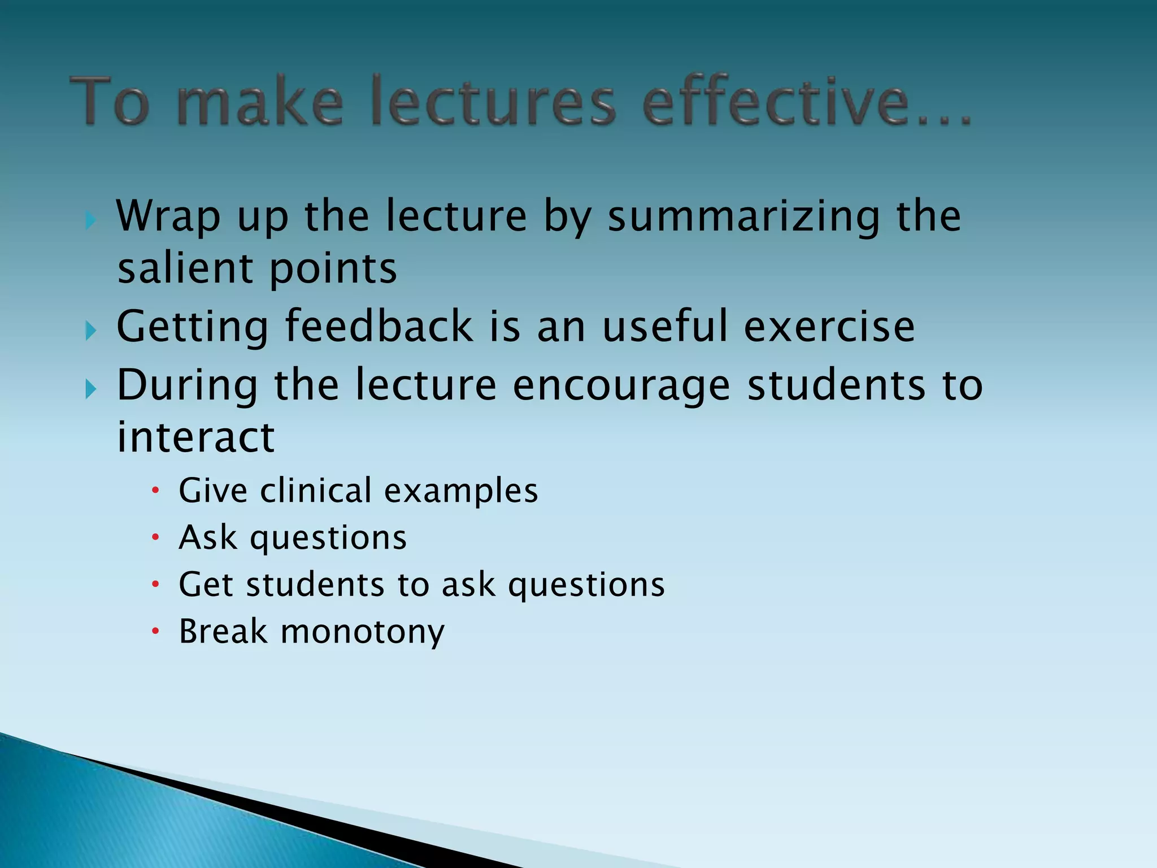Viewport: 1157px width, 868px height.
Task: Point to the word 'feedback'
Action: pos(379,326)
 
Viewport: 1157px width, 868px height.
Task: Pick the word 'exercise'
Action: pos(829,327)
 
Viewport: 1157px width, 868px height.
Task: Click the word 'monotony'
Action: pos(362,632)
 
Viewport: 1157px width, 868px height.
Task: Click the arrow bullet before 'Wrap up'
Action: pos(90,220)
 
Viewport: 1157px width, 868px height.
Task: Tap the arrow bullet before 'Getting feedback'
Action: pos(90,330)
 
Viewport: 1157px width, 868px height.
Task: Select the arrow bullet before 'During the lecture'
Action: pos(90,389)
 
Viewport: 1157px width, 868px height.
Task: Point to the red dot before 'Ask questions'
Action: pos(156,537)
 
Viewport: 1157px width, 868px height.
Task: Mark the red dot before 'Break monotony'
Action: pos(156,631)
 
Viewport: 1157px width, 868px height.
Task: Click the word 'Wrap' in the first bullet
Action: pos(168,218)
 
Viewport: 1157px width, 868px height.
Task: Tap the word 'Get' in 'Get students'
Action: pos(206,584)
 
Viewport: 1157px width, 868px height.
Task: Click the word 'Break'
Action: pos(223,631)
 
